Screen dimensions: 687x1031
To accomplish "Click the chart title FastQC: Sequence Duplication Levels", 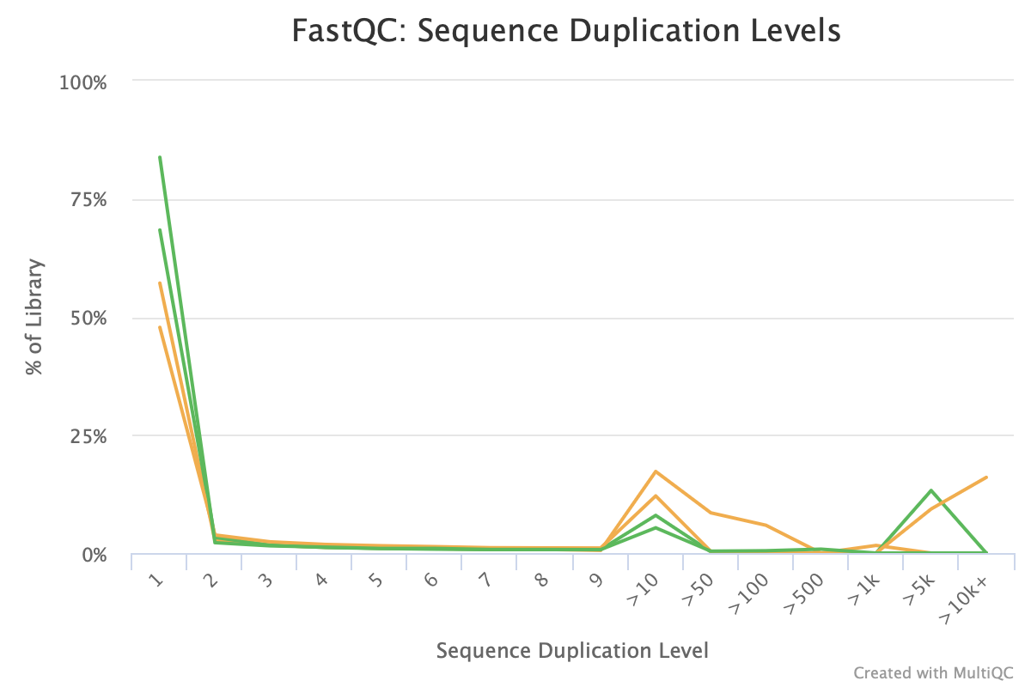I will click(565, 32).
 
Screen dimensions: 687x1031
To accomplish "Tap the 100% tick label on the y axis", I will click(82, 82).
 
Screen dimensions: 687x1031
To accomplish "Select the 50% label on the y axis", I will click(86, 319).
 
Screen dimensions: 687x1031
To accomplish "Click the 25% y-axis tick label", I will click(86, 436).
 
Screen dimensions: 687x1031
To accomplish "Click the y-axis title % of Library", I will click(34, 318).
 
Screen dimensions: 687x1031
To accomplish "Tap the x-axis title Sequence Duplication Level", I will click(572, 651).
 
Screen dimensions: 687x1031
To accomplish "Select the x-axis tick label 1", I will click(156, 581).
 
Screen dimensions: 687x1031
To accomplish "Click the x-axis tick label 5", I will click(375, 581).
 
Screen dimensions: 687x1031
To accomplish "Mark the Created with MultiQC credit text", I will click(934, 672).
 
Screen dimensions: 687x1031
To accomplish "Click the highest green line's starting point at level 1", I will click(160, 157).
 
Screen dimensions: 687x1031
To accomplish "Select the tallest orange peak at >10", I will click(656, 471).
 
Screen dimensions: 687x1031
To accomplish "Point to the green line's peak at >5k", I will click(931, 490).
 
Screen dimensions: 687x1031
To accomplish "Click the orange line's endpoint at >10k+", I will click(986, 477).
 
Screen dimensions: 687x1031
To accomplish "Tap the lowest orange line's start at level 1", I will click(160, 327).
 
